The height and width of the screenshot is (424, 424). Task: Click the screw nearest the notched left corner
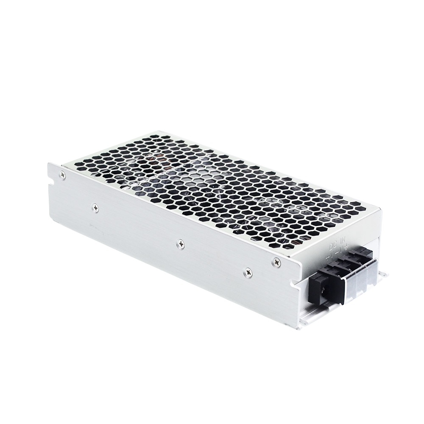[63, 174]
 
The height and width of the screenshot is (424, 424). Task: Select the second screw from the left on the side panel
[95, 208]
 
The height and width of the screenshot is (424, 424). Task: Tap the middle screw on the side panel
[181, 244]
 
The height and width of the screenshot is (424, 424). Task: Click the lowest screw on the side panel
[248, 273]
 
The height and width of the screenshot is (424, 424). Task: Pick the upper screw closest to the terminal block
[276, 262]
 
